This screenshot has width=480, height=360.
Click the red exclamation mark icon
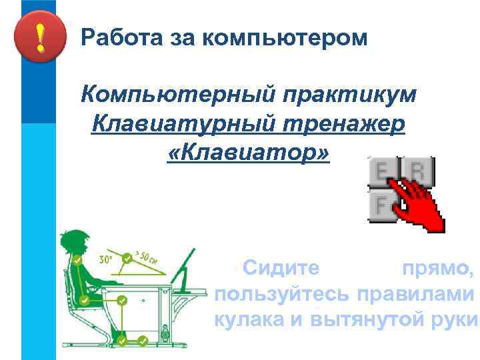40,38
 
